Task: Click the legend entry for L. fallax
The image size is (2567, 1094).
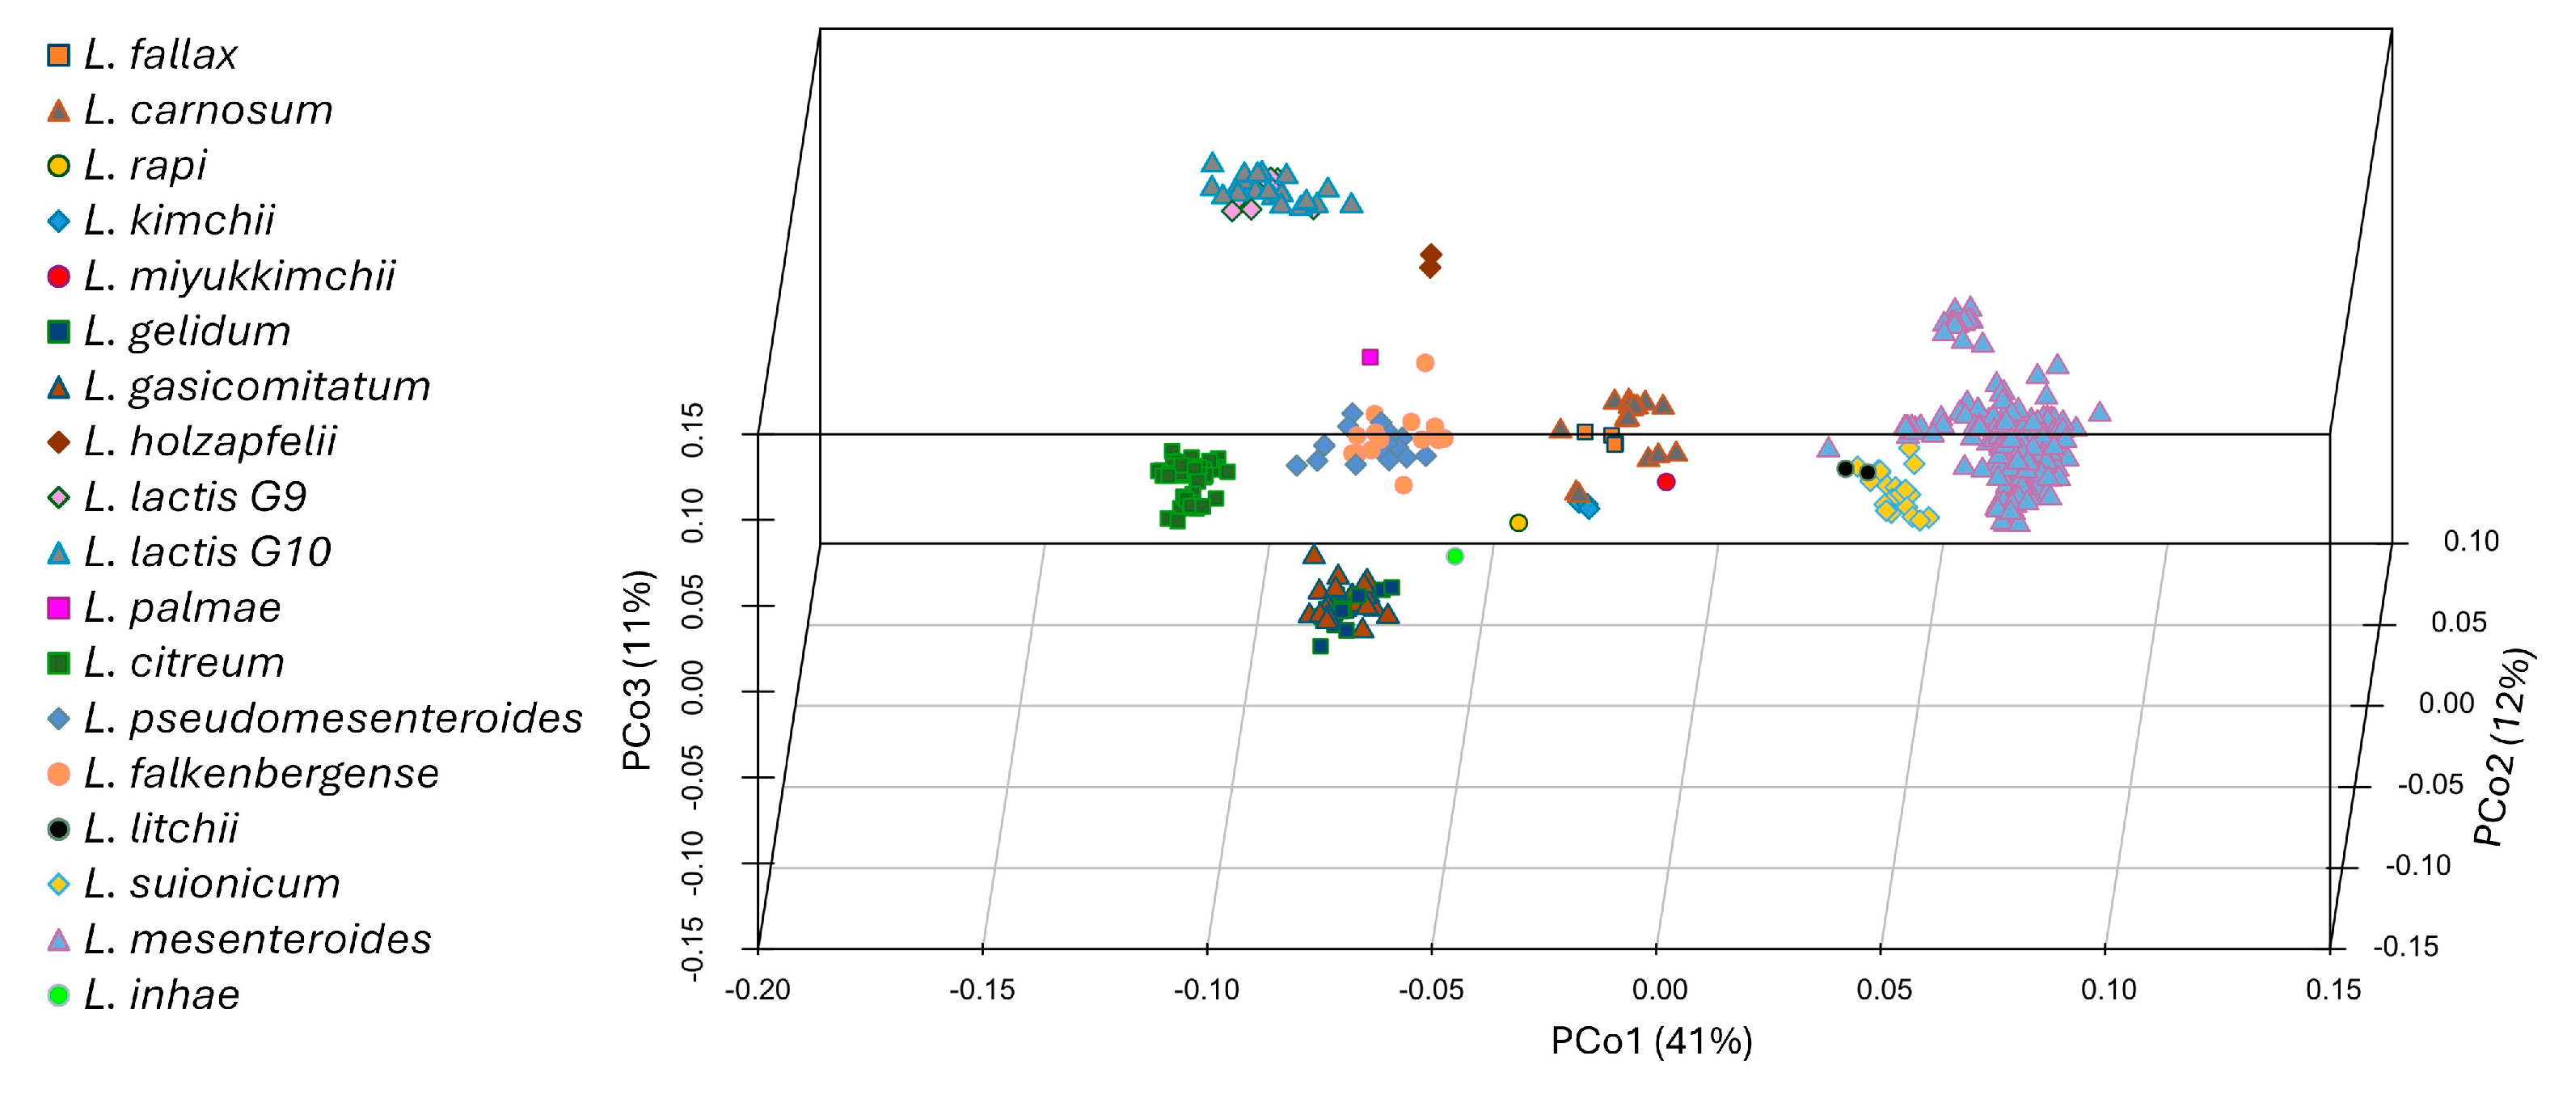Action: click(x=159, y=55)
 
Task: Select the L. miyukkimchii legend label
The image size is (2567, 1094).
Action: click(x=239, y=276)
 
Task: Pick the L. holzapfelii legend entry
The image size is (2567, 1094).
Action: click(x=209, y=441)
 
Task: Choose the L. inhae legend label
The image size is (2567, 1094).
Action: click(x=160, y=995)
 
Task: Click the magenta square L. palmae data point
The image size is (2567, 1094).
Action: click(x=1370, y=357)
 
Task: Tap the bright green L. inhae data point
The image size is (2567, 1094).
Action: click(x=1454, y=556)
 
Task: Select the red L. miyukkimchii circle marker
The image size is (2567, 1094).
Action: click(x=1666, y=482)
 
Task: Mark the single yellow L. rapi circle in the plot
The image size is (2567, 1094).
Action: click(x=1518, y=523)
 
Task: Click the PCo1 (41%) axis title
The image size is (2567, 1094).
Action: click(x=1651, y=1041)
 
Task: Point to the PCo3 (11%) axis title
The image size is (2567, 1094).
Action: click(x=638, y=669)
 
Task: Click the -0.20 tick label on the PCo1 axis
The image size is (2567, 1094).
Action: click(x=758, y=991)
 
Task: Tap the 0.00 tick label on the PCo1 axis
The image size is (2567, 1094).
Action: click(x=1659, y=991)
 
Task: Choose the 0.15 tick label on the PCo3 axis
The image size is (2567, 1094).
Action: click(x=691, y=430)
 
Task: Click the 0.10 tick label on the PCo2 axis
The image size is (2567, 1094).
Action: click(x=2472, y=541)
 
